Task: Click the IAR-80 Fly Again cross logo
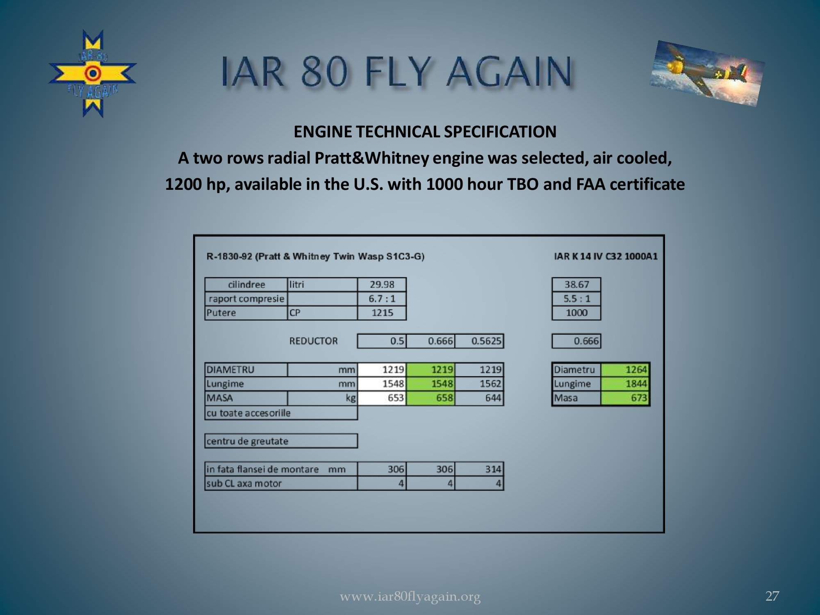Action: [x=93, y=74]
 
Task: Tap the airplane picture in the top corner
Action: [x=707, y=73]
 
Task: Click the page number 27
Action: [x=772, y=596]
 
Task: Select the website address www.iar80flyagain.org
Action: [x=410, y=597]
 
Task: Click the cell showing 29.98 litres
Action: [x=382, y=285]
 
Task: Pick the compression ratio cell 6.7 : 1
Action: [x=382, y=298]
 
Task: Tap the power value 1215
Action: [x=382, y=313]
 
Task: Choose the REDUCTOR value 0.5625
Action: [x=480, y=341]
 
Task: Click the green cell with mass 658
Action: [x=430, y=398]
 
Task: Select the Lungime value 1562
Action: [x=480, y=384]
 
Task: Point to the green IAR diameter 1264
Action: [x=625, y=370]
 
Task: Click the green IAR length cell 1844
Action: [x=625, y=384]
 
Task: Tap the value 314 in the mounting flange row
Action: [x=480, y=469]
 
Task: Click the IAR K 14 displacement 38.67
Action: [x=576, y=285]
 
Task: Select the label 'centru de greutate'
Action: [x=247, y=442]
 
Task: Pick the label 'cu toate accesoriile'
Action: [x=248, y=413]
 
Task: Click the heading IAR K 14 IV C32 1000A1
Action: [x=606, y=257]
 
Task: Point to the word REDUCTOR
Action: [x=314, y=341]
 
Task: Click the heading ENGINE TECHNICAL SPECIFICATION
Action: [x=425, y=132]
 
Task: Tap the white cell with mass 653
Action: [x=382, y=398]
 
